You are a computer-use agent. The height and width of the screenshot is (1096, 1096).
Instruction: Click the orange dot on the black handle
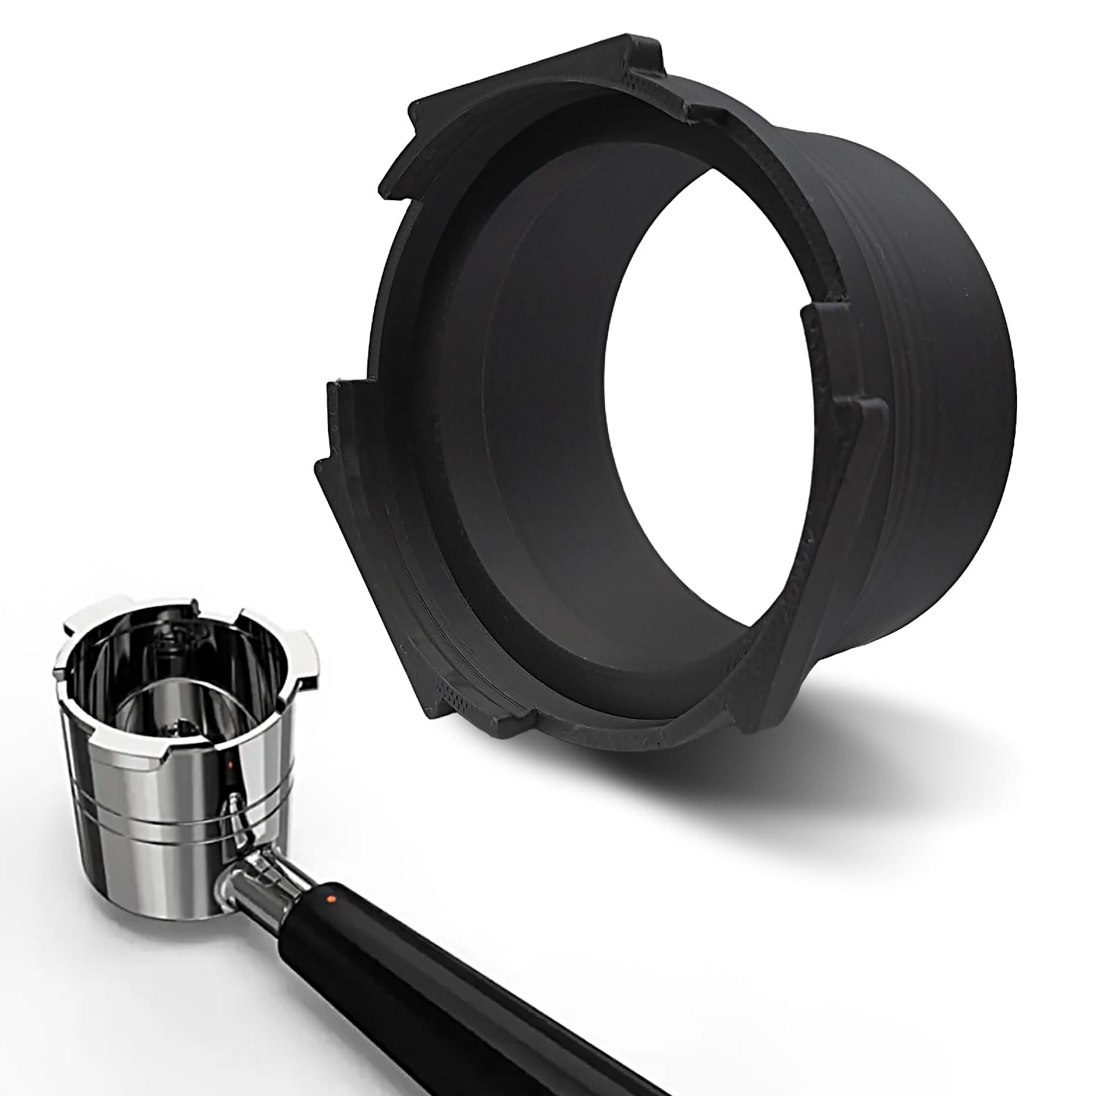330,897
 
